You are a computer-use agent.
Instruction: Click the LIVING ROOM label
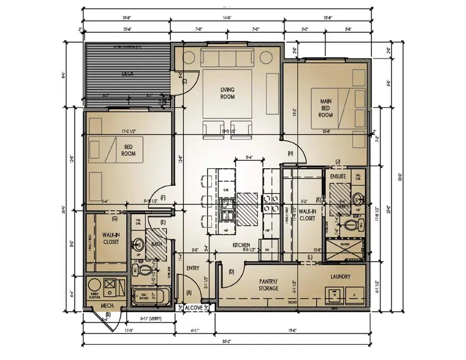tap(227, 93)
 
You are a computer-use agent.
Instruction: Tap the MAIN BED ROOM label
tap(326, 108)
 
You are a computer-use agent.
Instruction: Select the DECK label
tap(128, 74)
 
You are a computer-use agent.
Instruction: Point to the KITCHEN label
tap(241, 245)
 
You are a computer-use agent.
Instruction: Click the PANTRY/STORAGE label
tap(269, 284)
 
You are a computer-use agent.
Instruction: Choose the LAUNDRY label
tap(339, 277)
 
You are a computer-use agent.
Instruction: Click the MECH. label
tap(100, 305)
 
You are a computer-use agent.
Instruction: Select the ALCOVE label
tap(194, 307)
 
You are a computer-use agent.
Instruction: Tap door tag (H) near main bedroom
tap(290, 153)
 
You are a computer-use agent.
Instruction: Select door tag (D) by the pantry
tap(231, 272)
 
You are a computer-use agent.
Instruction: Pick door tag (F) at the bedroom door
tap(163, 198)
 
